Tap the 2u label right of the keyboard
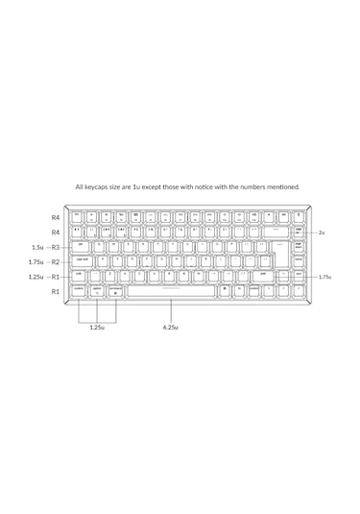322,233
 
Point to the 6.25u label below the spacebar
172,327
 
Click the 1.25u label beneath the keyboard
96,327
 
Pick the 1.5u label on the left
36,247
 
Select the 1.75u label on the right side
324,277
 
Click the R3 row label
56,247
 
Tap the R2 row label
56,261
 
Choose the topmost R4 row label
56,218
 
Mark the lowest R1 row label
56,290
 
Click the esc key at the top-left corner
77,216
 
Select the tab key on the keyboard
81,245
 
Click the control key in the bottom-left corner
78,288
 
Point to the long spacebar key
173,288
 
